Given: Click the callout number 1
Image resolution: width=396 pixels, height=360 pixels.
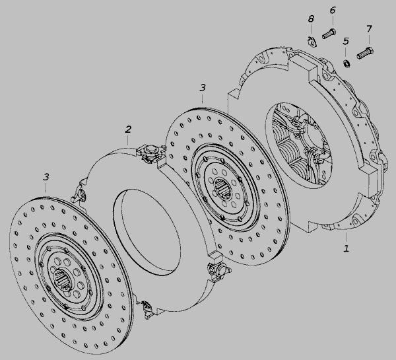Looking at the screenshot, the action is point(346,248).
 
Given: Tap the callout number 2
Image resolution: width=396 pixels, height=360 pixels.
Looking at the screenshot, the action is point(128,129).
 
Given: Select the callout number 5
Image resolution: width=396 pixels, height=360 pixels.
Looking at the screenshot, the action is point(346,41).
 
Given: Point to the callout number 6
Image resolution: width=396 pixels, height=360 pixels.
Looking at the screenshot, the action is point(333,11).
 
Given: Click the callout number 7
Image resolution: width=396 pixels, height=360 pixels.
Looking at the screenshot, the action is point(369,29).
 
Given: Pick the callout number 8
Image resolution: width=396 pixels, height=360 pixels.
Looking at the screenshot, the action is point(311,18).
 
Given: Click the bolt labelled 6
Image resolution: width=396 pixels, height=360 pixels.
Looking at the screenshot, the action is point(329,34).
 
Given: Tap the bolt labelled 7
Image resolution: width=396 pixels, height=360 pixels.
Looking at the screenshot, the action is point(365,53).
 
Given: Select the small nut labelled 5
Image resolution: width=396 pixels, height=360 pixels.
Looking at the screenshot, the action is point(346,63).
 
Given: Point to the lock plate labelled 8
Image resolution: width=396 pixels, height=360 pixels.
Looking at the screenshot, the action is point(312,42).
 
